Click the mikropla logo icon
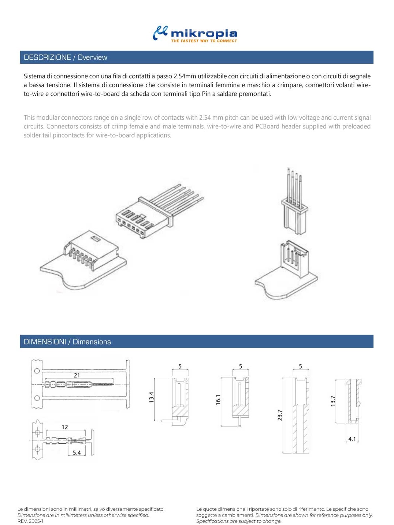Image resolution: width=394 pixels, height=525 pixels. click(x=160, y=33)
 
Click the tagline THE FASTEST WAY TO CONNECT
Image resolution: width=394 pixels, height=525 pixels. click(x=204, y=41)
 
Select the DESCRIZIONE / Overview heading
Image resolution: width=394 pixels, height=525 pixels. click(x=65, y=57)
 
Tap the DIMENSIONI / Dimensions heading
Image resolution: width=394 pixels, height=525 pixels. click(x=67, y=342)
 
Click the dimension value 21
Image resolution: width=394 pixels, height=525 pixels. click(x=77, y=375)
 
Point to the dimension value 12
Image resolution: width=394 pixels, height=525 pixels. click(x=65, y=427)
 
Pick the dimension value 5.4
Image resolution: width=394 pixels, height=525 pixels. click(x=77, y=453)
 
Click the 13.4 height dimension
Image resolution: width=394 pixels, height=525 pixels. click(x=152, y=397)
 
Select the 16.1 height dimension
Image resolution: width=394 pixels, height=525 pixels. click(x=218, y=399)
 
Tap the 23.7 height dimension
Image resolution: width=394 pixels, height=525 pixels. click(x=280, y=415)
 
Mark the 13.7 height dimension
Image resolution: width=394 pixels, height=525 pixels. click(x=333, y=401)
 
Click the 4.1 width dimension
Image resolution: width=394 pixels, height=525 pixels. click(x=352, y=439)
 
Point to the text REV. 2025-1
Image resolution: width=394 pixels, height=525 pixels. click(x=30, y=521)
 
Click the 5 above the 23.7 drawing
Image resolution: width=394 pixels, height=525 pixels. click(x=301, y=366)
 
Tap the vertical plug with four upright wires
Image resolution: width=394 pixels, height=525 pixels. click(x=295, y=209)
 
